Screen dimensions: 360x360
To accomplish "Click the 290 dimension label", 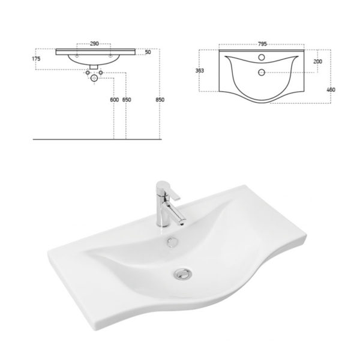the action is tap(94, 44).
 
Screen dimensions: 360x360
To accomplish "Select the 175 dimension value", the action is tap(36, 59).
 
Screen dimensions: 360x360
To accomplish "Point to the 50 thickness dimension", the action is tap(148, 52).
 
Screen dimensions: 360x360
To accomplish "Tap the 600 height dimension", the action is tap(115, 100).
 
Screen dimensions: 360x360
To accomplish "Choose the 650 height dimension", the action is tap(127, 100).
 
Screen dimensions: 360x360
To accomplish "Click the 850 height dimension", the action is tap(160, 100).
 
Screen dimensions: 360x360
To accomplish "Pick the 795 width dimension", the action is tap(262, 44).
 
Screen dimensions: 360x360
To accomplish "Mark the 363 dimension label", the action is tap(200, 71).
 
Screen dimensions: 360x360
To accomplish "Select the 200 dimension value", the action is tap(317, 62).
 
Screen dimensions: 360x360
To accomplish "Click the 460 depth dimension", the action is tap(331, 89).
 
